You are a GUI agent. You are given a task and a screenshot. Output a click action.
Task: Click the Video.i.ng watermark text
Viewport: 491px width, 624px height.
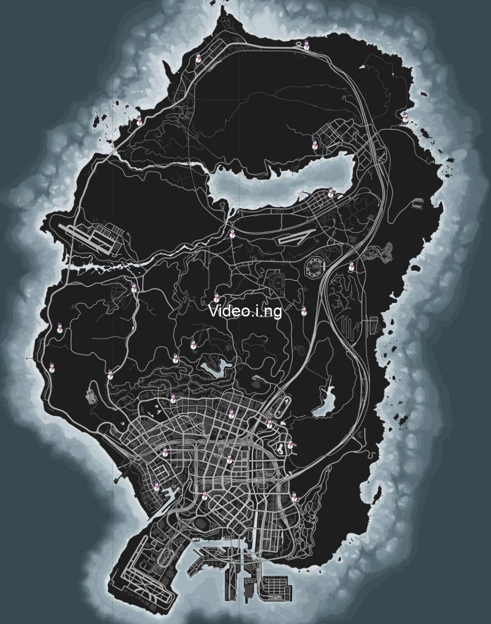click(245, 311)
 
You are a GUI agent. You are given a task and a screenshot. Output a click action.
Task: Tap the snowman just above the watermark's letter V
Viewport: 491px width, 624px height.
click(216, 297)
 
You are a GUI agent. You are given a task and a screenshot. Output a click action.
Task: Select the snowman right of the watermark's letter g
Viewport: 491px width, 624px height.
click(304, 311)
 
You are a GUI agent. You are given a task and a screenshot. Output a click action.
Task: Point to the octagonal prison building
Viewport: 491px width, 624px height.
click(315, 268)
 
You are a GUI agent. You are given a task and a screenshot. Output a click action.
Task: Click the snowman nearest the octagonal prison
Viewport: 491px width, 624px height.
click(352, 267)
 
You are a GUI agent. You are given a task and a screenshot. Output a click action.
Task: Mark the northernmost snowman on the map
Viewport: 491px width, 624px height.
click(306, 45)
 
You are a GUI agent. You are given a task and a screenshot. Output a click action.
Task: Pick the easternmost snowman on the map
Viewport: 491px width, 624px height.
click(405, 117)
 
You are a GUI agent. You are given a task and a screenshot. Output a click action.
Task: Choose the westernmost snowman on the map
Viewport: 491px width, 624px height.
click(52, 367)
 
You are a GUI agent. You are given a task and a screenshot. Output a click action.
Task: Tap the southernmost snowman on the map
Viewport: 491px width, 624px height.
click(294, 497)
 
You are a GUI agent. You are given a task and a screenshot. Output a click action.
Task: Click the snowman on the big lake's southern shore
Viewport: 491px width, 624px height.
click(331, 193)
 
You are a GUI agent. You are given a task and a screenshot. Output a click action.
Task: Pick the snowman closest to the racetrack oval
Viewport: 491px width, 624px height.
click(269, 423)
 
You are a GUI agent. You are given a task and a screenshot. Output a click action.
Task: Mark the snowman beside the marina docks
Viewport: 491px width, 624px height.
click(157, 487)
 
